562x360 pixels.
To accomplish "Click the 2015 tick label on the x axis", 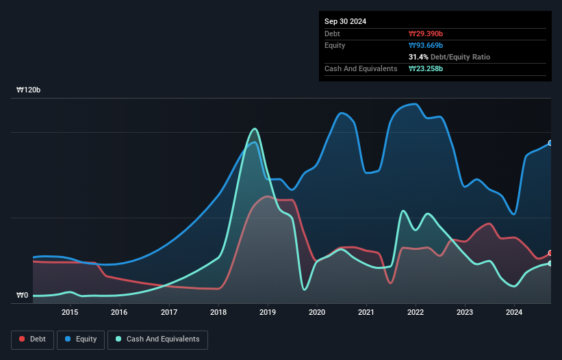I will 70,313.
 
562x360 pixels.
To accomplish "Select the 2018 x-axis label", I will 218,313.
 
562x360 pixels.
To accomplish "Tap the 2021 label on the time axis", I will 366,313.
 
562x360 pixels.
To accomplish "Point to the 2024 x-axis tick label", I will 514,313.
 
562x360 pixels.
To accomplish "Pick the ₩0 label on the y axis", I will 23,296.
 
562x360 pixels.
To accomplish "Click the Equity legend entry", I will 81,339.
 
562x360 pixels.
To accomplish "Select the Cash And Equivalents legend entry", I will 157,339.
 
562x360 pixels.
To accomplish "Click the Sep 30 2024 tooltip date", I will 345,21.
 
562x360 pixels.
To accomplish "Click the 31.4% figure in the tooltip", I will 419,57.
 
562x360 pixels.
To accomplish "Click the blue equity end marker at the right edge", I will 550,143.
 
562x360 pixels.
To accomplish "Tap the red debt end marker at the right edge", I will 550,253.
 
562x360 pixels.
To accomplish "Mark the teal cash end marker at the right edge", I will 550,263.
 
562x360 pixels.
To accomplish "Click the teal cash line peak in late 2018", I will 255,129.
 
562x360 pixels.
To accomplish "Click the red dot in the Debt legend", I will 23,339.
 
